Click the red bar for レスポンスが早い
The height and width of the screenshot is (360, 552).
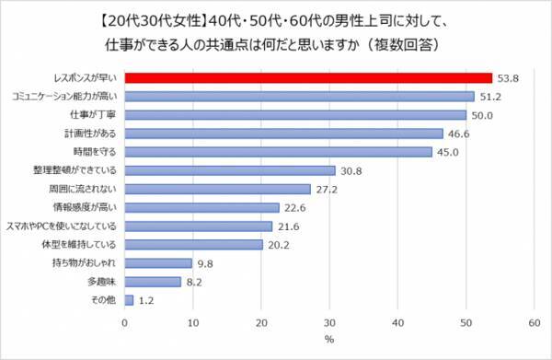pyautogui.click(x=308, y=78)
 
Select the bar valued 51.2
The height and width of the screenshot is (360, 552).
pyautogui.click(x=300, y=97)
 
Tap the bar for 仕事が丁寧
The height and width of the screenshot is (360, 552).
pyautogui.click(x=295, y=115)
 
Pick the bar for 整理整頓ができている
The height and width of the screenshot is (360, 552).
pyautogui.click(x=230, y=170)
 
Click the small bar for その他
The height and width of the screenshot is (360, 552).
pyautogui.click(x=129, y=300)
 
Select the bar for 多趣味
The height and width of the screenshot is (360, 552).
pyautogui.click(x=153, y=282)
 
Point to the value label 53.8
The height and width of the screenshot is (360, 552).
pyautogui.click(x=508, y=78)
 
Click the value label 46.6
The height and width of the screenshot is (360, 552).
pyautogui.click(x=458, y=134)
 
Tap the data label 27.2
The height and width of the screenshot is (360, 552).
pyautogui.click(x=327, y=190)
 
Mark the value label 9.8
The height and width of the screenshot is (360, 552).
pyautogui.click(x=205, y=263)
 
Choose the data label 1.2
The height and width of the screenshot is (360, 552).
pyautogui.click(x=146, y=300)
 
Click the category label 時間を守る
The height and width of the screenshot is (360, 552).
pyautogui.click(x=95, y=152)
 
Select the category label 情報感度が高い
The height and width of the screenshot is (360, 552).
pyautogui.click(x=85, y=207)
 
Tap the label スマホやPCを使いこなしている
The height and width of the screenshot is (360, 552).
pyautogui.click(x=62, y=226)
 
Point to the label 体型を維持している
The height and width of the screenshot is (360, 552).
pyautogui.click(x=79, y=244)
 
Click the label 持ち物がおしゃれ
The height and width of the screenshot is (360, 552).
pyautogui.click(x=84, y=262)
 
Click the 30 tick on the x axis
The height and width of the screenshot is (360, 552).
pyautogui.click(x=329, y=322)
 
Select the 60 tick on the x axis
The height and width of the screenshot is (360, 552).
pyautogui.click(x=535, y=322)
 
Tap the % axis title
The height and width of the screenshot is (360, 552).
pyautogui.click(x=329, y=340)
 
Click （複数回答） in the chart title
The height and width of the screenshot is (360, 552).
pyautogui.click(x=403, y=45)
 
